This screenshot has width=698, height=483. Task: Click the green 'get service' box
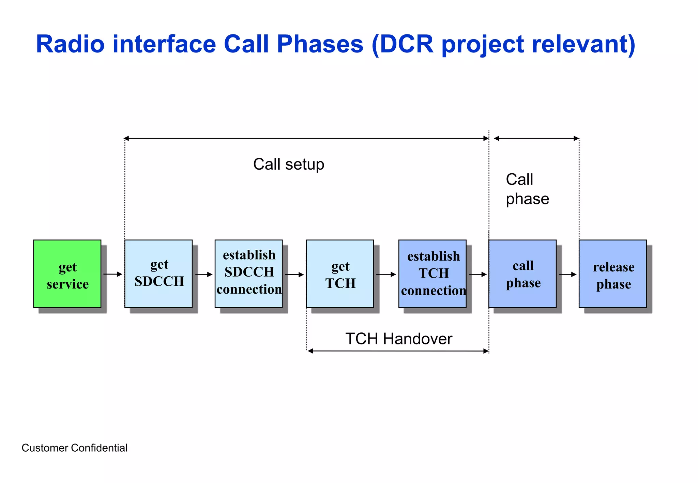point(67,274)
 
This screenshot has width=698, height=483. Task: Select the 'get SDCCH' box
point(158,274)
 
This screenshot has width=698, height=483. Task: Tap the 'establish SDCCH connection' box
point(248,274)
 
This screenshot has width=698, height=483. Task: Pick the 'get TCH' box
point(340,274)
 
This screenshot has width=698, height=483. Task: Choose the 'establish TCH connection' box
point(432,274)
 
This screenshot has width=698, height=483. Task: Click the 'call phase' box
point(522,274)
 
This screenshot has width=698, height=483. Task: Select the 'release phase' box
point(612,274)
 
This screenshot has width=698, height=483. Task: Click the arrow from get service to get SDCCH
point(113,274)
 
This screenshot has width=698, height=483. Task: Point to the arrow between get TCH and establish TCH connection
point(386,274)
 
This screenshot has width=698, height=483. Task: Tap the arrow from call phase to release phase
point(567,274)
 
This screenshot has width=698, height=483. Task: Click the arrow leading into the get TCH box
point(294,274)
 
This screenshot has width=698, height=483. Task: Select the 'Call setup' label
point(289,165)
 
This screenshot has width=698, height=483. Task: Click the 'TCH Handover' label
point(399,339)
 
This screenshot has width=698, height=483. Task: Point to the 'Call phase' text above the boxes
point(527,189)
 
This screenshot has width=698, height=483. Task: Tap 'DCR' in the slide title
point(406,44)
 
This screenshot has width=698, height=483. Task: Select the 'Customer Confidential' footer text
point(74,448)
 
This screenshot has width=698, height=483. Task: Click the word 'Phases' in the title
point(320,44)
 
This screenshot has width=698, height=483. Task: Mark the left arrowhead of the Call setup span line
point(126,138)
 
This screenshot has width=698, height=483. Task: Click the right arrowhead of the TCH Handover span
point(486,351)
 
